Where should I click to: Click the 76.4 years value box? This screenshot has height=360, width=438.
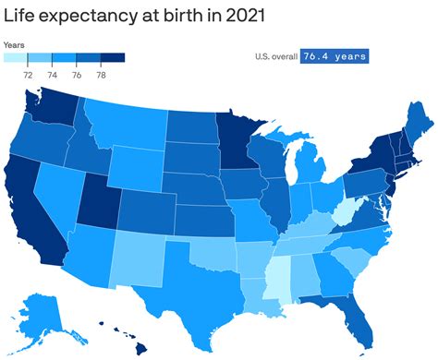click(334, 56)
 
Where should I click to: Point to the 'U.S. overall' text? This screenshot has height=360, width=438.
click(276, 56)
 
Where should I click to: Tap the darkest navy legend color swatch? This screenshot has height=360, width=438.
click(112, 58)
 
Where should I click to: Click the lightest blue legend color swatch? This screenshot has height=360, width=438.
click(16, 58)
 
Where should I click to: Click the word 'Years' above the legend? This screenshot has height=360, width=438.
click(14, 44)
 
